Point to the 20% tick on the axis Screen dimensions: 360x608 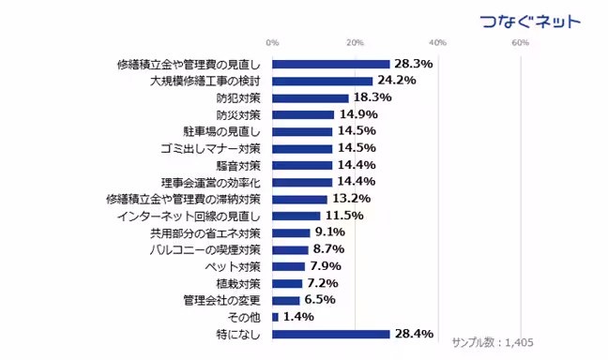355,43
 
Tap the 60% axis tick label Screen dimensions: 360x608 521,43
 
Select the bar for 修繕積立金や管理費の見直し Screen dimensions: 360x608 331,65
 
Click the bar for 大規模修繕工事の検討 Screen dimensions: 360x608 323,82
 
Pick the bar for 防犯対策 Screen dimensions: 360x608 311,98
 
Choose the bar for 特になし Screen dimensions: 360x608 331,334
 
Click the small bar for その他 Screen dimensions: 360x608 275,317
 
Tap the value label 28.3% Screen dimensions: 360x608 413,65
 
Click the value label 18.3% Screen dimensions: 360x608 372,98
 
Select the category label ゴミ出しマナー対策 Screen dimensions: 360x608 217,149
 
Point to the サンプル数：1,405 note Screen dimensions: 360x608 493,343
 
